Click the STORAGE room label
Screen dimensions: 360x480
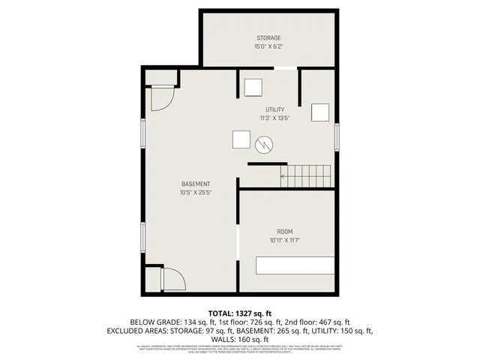[268, 37]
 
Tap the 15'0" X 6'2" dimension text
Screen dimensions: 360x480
[268, 46]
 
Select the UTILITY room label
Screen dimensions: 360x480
[274, 109]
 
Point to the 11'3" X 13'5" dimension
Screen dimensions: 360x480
[274, 118]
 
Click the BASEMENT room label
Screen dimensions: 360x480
[196, 184]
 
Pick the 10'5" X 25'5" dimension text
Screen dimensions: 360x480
[196, 193]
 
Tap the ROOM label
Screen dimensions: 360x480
[285, 231]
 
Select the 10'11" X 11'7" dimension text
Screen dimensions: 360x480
[285, 240]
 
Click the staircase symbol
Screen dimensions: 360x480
[306, 177]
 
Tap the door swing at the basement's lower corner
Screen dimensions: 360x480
[174, 280]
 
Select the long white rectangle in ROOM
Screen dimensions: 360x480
[295, 265]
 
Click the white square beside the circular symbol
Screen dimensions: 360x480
[241, 140]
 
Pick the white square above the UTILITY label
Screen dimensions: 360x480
[253, 87]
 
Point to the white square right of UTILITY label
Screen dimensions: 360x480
[320, 112]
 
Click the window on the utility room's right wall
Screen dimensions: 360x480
[337, 137]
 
